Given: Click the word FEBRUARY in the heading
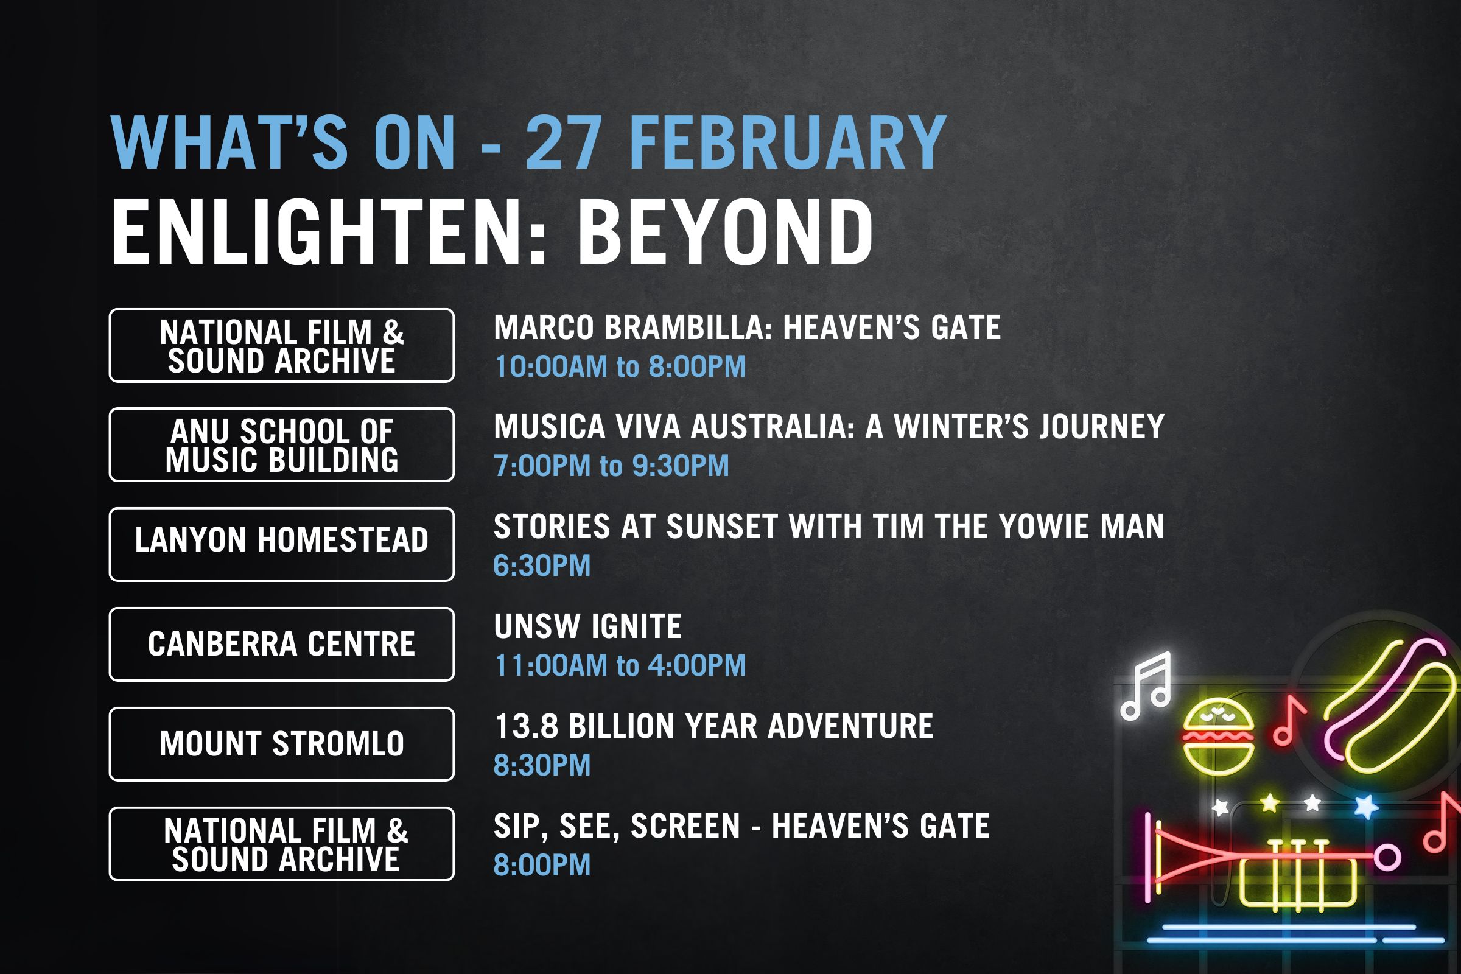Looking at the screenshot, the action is click(x=788, y=142).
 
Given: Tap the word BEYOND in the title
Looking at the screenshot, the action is click(x=725, y=233).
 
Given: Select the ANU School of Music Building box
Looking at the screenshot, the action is click(x=281, y=445).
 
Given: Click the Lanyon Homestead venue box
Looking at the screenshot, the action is click(x=281, y=544).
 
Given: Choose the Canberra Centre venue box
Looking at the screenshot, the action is click(x=281, y=644).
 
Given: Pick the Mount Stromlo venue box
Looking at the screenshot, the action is click(x=281, y=744).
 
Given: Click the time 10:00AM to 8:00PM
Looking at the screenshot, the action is click(x=620, y=366).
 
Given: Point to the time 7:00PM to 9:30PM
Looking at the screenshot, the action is click(x=611, y=466).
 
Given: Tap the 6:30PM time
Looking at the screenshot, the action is click(x=542, y=566).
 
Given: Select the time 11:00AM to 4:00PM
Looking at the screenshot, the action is click(x=620, y=665).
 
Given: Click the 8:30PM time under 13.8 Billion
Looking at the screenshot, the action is click(x=542, y=765).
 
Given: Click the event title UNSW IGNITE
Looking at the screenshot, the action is click(x=587, y=626).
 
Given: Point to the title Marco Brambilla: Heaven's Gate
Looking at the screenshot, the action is click(x=748, y=328).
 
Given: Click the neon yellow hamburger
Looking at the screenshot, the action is click(x=1217, y=737).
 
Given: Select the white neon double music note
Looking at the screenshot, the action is click(x=1146, y=686).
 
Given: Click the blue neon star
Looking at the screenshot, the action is click(x=1366, y=807).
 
